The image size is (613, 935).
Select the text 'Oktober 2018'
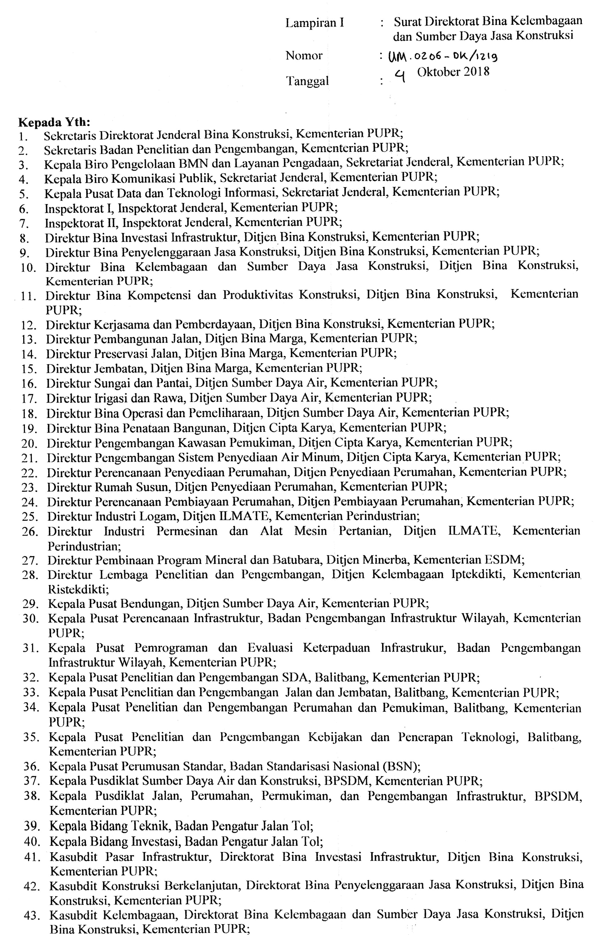click(x=453, y=72)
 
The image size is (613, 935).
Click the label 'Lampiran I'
click(x=314, y=23)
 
